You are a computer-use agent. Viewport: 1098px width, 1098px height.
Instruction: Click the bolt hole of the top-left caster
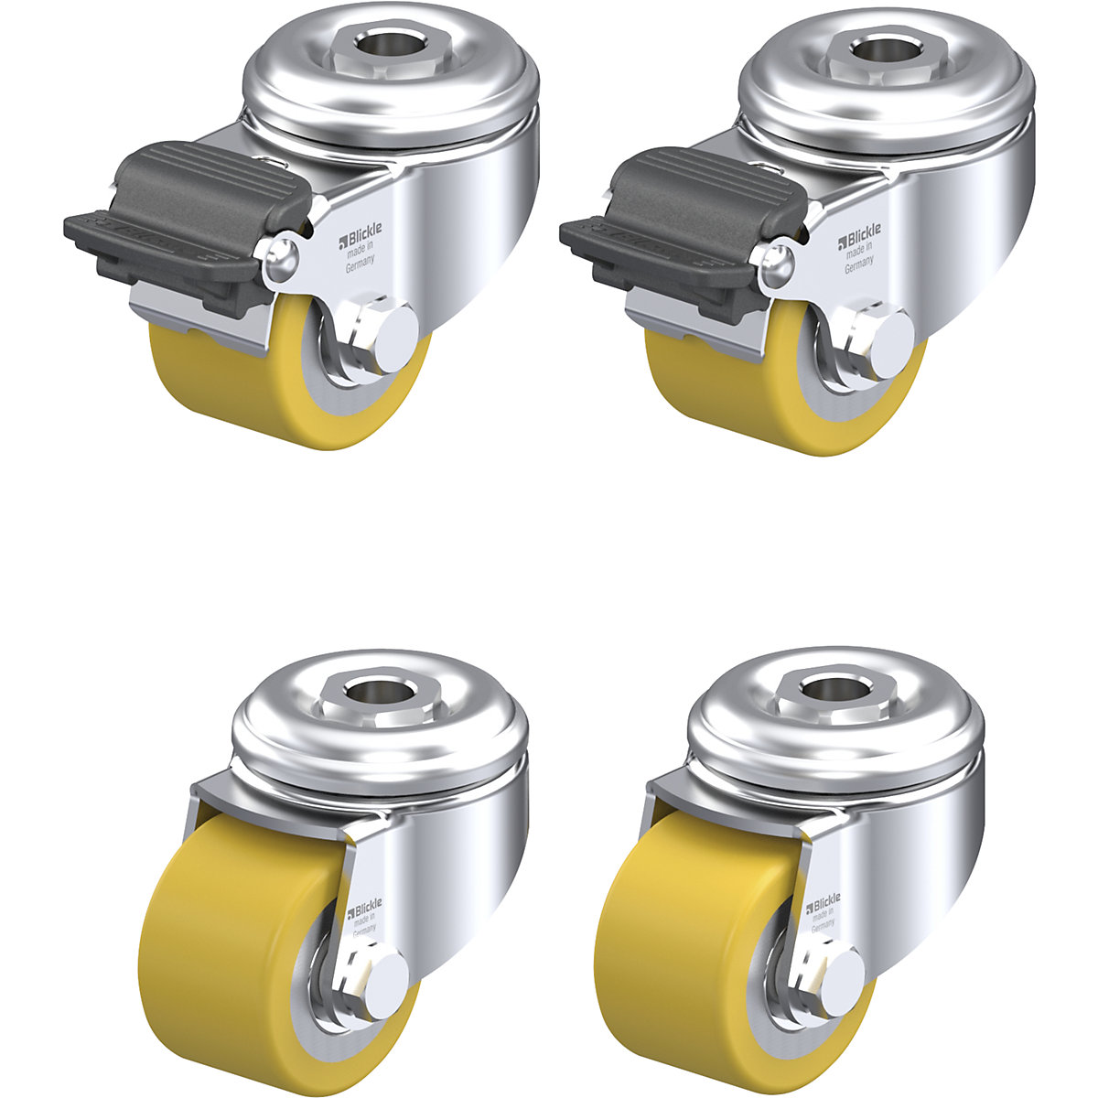(381, 45)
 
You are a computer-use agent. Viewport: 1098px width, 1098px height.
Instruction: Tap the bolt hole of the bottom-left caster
(379, 687)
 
